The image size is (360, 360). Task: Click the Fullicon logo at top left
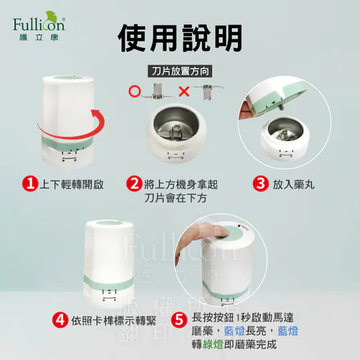[x=39, y=26]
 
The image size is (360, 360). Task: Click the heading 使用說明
[x=180, y=38]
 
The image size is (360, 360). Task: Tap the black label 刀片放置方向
[x=180, y=71]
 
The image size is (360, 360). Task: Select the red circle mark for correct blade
[x=135, y=91]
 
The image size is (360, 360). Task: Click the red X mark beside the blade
[x=184, y=91]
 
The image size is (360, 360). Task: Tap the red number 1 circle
[x=30, y=184]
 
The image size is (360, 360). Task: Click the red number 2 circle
[x=134, y=184]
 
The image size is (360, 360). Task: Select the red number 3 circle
[x=261, y=184]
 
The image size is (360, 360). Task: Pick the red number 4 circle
[x=60, y=320]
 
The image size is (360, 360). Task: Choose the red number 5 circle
[x=179, y=320]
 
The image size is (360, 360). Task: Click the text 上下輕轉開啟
[x=71, y=185]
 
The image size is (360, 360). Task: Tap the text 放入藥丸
[x=293, y=185]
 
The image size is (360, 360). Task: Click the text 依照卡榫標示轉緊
[x=113, y=321]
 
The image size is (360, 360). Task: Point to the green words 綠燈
[x=213, y=345]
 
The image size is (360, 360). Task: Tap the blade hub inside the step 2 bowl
[x=176, y=130]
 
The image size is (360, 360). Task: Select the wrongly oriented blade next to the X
[x=207, y=92]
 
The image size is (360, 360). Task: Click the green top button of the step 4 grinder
[x=108, y=223]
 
